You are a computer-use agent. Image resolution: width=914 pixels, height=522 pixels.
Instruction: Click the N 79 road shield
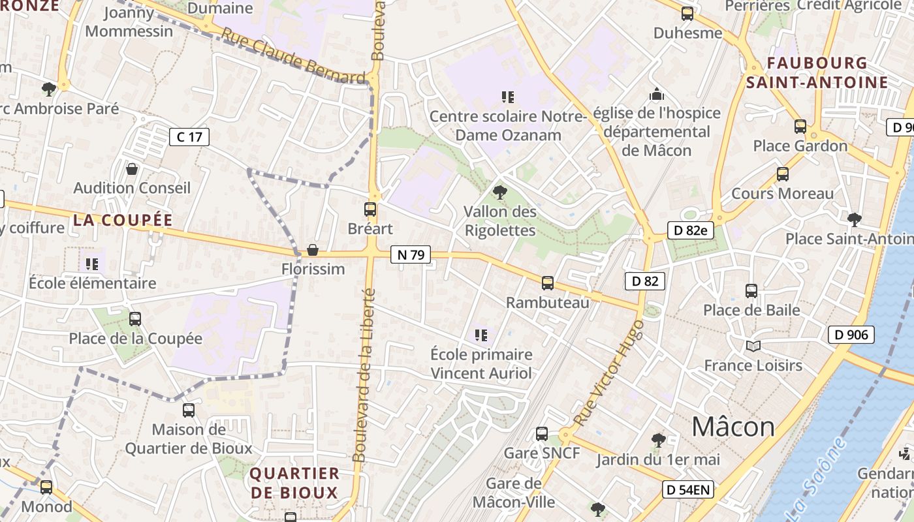tap(411, 254)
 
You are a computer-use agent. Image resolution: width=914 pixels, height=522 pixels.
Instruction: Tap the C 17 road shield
tap(189, 136)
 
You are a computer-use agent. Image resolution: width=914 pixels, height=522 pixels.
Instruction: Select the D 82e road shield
tap(691, 230)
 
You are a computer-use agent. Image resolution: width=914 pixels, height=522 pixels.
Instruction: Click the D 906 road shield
tap(851, 335)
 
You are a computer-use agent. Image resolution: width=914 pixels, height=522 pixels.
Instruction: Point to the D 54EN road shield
tap(688, 489)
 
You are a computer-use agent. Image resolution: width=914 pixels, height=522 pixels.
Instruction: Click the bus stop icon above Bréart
tap(370, 209)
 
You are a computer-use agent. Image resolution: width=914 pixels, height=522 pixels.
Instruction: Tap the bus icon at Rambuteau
tap(548, 283)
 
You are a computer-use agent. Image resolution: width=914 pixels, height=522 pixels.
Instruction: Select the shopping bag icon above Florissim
tap(313, 250)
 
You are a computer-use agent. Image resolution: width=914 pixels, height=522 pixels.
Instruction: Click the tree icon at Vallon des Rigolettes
tap(500, 192)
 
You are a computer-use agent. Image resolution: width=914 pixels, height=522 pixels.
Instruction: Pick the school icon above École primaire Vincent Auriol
tap(481, 335)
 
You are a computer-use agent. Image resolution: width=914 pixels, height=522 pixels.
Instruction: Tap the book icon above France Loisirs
tap(753, 346)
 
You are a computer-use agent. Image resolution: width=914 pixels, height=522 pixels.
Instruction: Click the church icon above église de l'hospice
tap(657, 94)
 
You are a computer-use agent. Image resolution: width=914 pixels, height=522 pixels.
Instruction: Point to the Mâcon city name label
tap(733, 427)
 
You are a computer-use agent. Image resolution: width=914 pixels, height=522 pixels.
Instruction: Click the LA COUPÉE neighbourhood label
tap(123, 220)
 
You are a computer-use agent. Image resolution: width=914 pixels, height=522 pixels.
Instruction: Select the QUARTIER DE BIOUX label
tap(295, 483)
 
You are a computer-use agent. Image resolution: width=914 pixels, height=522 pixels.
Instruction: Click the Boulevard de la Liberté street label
tap(363, 375)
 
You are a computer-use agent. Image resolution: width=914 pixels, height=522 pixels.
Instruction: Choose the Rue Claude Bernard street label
tap(292, 56)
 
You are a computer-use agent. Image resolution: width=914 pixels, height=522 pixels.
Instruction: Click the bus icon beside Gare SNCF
tap(542, 434)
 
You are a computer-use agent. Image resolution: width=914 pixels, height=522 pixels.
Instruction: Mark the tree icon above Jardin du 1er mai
tap(659, 440)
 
